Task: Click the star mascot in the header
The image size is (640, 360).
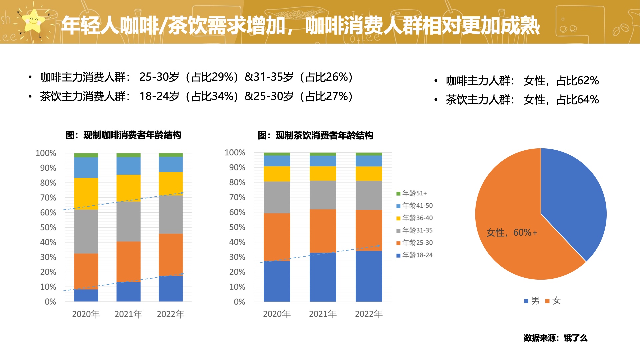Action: tap(33, 21)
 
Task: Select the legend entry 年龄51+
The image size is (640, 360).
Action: tap(412, 193)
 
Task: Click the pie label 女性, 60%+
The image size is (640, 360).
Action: tap(512, 233)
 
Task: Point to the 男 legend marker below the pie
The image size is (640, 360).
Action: tap(526, 301)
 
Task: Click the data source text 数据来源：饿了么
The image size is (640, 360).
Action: tap(555, 338)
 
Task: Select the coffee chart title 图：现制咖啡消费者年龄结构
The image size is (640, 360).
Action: tap(123, 135)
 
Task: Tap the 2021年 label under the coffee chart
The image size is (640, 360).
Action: tap(128, 314)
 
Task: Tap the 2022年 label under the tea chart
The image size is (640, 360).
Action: tap(369, 314)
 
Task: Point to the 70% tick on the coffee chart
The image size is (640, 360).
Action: tap(48, 198)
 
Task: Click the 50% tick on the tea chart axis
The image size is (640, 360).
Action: tap(237, 227)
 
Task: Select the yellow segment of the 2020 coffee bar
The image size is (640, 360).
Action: tap(86, 193)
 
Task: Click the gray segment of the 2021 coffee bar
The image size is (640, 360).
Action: tap(128, 221)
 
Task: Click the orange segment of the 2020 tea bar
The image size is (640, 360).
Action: tap(277, 237)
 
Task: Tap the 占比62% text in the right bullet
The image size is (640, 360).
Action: tap(577, 81)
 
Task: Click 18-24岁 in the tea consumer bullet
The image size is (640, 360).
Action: tap(159, 96)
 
